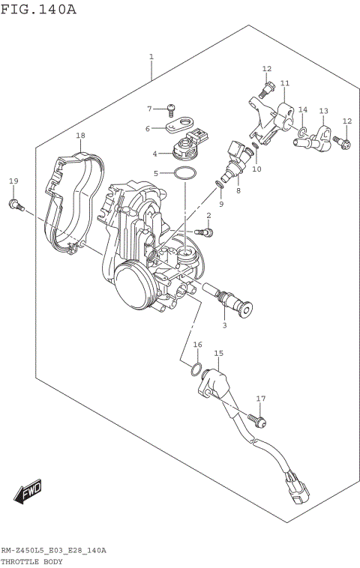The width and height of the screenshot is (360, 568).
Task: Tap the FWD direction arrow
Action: (29, 492)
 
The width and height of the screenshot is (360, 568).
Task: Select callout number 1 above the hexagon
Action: (151, 57)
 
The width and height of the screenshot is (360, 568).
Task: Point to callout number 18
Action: (80, 136)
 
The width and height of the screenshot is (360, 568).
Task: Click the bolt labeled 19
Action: (15, 203)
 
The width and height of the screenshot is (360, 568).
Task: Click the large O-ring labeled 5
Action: (184, 174)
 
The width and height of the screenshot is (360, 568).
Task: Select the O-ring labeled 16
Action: (196, 369)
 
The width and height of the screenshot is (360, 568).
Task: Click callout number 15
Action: (218, 352)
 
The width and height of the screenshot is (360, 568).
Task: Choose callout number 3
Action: (223, 324)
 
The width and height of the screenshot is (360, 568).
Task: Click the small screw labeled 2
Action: (208, 232)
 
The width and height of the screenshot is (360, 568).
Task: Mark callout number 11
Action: (284, 83)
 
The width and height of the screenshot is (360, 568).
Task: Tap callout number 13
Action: (323, 111)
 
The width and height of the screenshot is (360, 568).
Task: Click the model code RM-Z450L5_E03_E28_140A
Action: (53, 550)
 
